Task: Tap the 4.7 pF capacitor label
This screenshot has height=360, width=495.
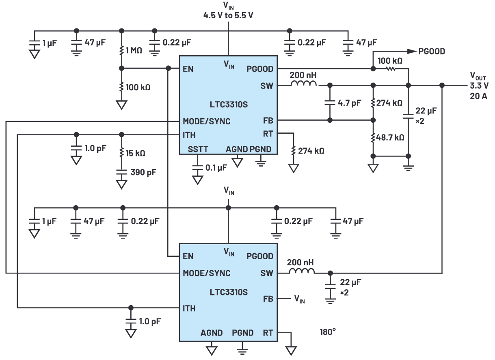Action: tap(349, 103)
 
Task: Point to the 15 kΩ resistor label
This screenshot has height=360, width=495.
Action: tap(135, 154)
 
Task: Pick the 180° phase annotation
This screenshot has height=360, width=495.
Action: tap(328, 332)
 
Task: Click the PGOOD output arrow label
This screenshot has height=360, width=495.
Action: tap(431, 51)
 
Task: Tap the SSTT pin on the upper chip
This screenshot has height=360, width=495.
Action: tap(198, 149)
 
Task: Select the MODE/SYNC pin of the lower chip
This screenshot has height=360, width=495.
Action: tap(206, 273)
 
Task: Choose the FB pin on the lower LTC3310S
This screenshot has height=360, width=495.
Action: tap(268, 299)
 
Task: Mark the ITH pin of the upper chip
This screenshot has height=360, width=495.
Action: tap(189, 134)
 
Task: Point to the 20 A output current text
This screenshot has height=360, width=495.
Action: tap(479, 96)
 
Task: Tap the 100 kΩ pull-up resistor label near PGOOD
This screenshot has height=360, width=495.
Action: tap(390, 61)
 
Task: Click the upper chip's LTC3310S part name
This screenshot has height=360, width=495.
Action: tap(229, 104)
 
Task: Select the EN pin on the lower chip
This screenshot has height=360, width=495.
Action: tap(188, 256)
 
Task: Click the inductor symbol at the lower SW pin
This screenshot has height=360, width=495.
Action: tap(301, 270)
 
